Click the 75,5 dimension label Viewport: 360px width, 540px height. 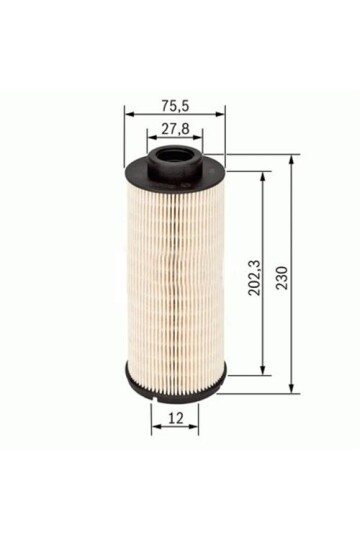pyautogui.click(x=175, y=106)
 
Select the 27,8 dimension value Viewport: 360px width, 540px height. pyautogui.click(x=175, y=129)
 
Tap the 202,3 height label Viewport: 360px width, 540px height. pyautogui.click(x=255, y=278)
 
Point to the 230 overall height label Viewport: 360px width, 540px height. pyautogui.click(x=282, y=278)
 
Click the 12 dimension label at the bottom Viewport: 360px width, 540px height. pyautogui.click(x=176, y=418)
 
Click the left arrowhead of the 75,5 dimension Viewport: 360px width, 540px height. pyautogui.click(x=130, y=115)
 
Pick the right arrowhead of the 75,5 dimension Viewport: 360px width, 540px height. pyautogui.click(x=219, y=115)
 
